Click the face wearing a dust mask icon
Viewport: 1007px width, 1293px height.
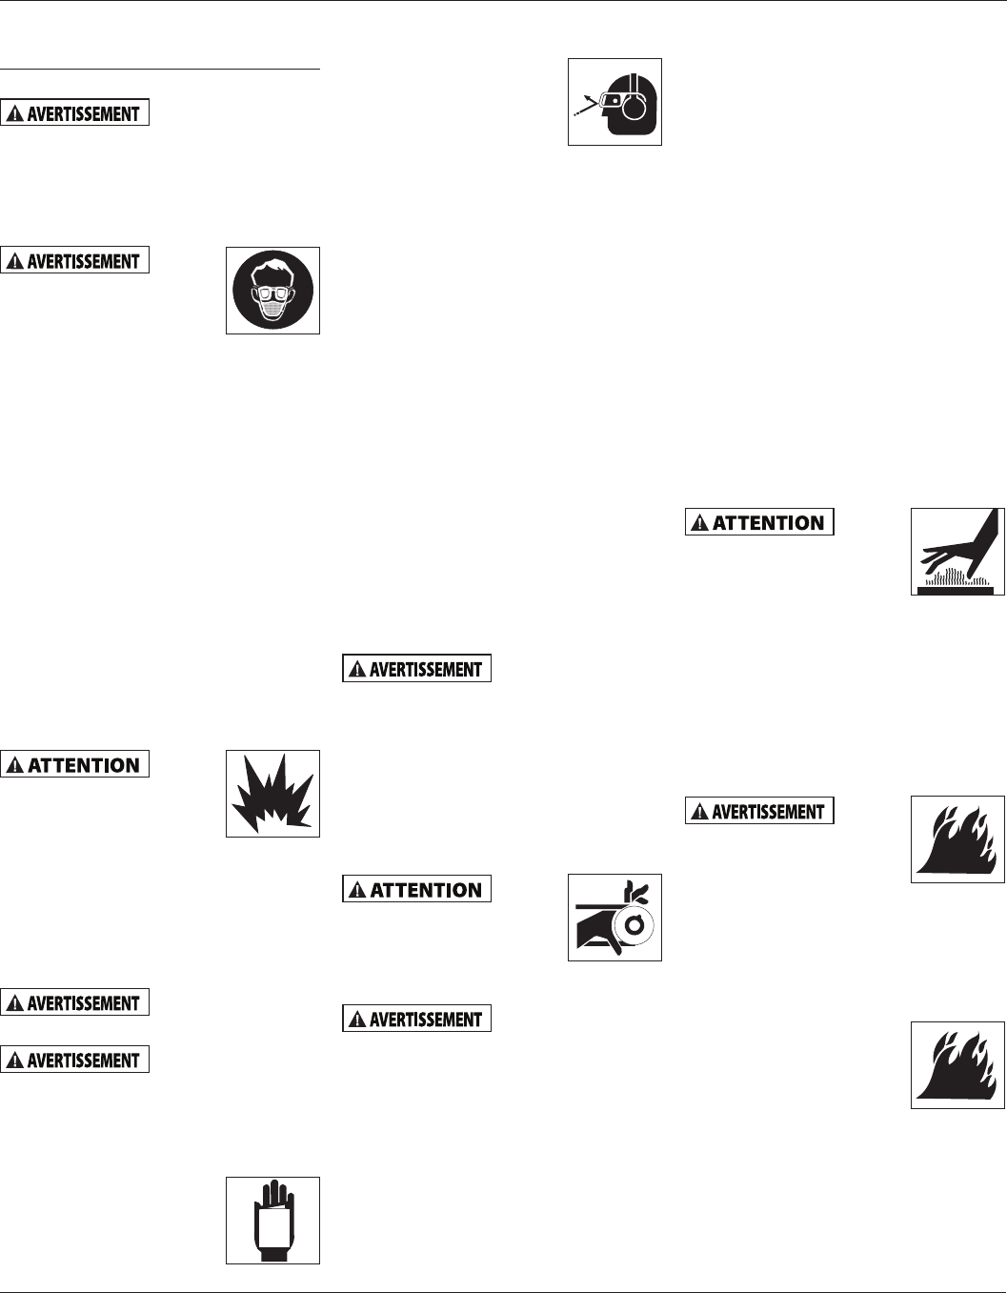(x=272, y=291)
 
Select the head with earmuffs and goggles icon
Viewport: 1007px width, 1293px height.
(x=614, y=102)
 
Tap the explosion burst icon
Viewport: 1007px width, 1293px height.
(x=272, y=794)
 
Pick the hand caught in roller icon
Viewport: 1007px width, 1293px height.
(x=614, y=917)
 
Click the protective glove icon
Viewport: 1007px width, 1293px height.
(x=272, y=1220)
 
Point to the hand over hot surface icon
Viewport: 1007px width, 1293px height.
(x=957, y=552)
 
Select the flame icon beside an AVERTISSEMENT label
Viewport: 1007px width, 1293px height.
(x=957, y=838)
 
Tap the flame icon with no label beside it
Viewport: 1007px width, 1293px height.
(x=957, y=1064)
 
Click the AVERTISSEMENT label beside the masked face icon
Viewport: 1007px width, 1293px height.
(x=75, y=260)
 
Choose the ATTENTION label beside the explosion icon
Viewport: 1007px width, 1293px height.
(x=75, y=764)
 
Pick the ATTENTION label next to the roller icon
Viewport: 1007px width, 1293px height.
(x=416, y=889)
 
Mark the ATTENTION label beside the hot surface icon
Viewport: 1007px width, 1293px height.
(x=759, y=522)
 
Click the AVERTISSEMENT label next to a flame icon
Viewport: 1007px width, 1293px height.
(x=759, y=811)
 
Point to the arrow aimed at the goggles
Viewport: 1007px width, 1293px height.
(x=585, y=106)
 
